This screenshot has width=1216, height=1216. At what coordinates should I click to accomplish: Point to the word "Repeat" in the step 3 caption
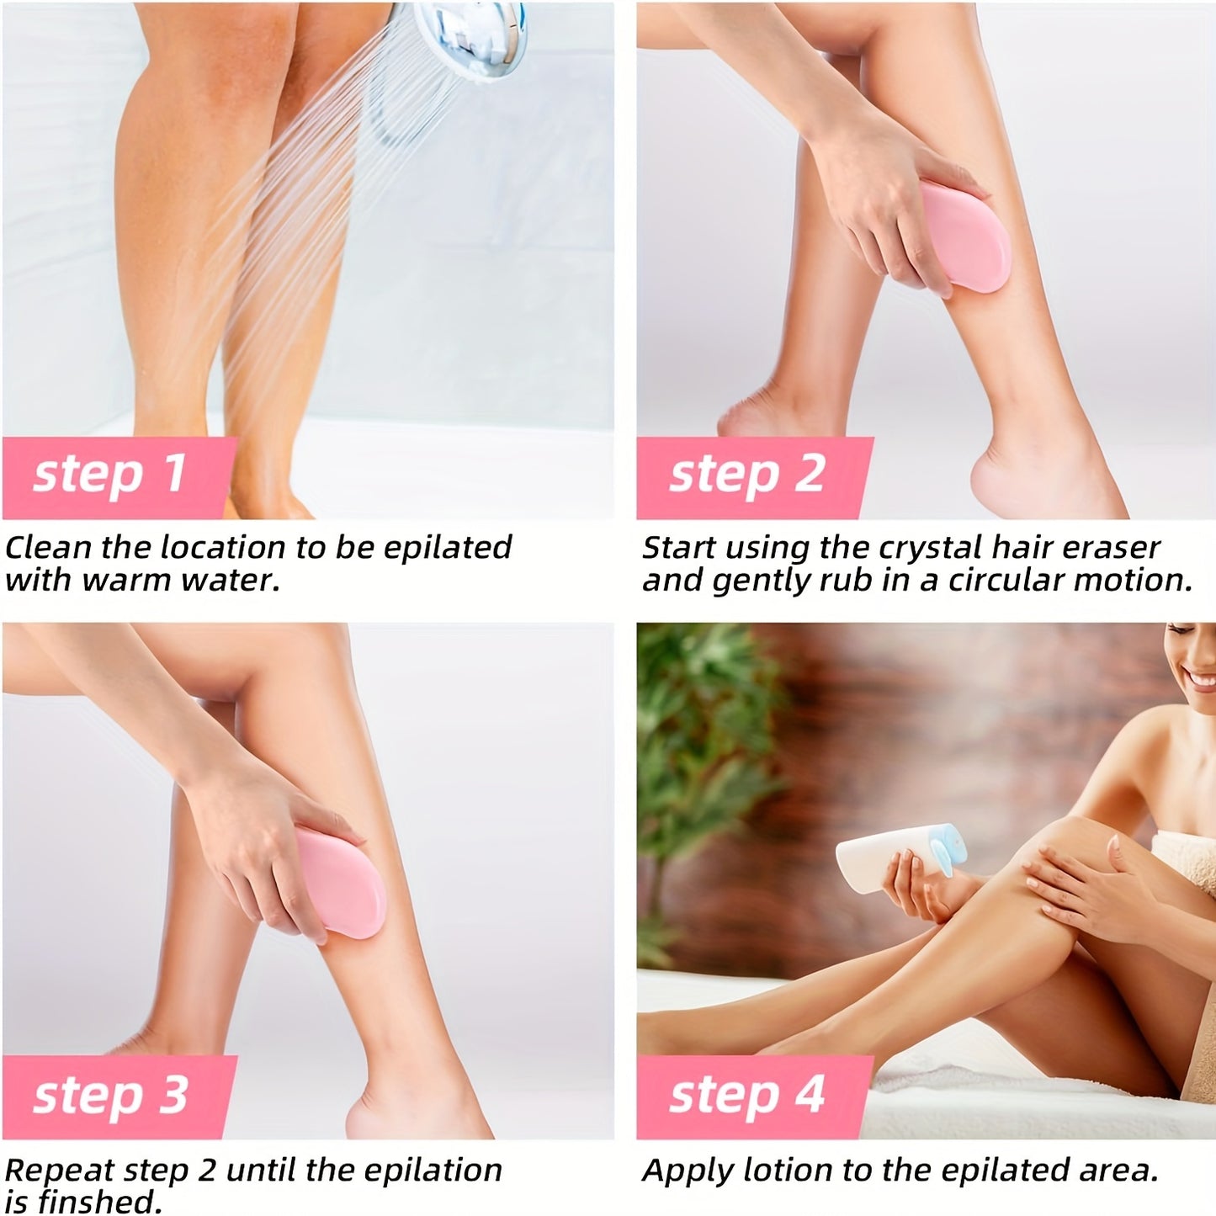(60, 1171)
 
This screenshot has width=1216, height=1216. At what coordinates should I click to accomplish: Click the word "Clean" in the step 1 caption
(48, 549)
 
